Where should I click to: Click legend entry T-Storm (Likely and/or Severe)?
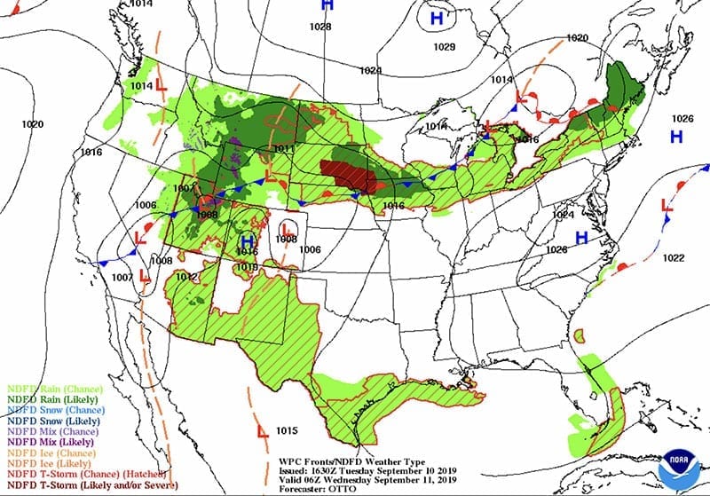(x=88, y=484)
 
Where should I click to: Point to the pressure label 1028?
(x=321, y=28)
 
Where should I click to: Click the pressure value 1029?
(x=445, y=46)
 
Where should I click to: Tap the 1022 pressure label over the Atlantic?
(x=674, y=258)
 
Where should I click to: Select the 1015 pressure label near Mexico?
(x=286, y=431)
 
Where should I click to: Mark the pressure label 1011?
(x=284, y=148)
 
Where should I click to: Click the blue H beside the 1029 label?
(x=437, y=18)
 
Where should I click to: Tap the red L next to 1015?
(x=263, y=432)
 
